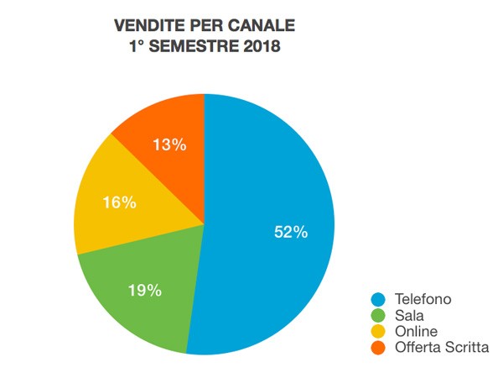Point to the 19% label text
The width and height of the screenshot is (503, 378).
144,291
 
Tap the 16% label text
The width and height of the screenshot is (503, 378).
117,204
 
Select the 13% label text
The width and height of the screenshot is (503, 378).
169,144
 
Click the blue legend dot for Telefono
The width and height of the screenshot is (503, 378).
378,300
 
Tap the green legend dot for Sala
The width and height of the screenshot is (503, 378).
378,316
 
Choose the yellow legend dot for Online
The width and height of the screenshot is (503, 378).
378,331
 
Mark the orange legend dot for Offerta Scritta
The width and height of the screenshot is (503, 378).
378,346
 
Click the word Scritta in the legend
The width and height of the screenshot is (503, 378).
469,346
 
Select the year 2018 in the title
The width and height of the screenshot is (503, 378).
261,47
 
